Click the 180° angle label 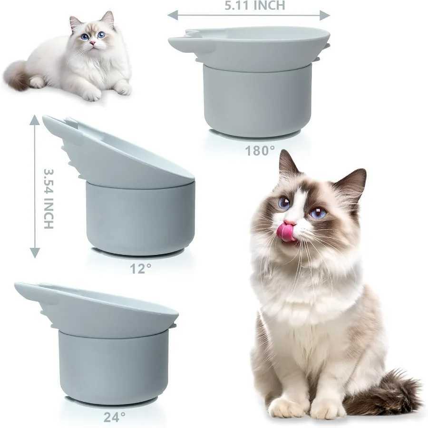[x=260, y=151]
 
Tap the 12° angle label [x=141, y=268]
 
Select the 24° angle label [x=115, y=417]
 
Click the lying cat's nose [x=92, y=43]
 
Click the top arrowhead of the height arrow [x=34, y=120]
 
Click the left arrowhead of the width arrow [x=173, y=15]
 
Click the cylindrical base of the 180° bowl [x=257, y=100]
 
